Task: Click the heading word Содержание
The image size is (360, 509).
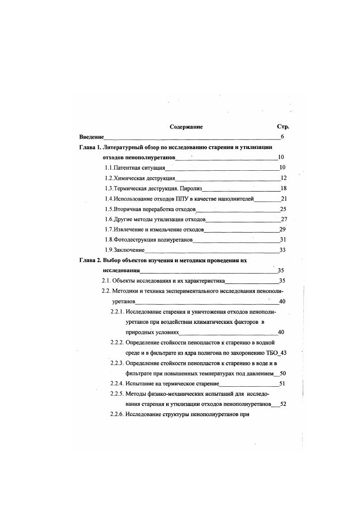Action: click(x=186, y=127)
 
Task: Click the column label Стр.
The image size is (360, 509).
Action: click(x=283, y=127)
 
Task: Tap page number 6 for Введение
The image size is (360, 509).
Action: click(x=282, y=137)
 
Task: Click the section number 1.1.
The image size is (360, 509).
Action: click(x=109, y=168)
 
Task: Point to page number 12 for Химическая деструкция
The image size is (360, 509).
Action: click(x=283, y=178)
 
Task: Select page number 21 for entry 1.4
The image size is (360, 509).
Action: click(x=284, y=198)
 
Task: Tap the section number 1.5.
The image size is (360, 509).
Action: click(x=109, y=209)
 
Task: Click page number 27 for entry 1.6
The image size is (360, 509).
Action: click(x=284, y=219)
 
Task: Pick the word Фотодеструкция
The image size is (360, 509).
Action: click(x=135, y=240)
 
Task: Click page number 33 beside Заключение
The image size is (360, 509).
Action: click(x=283, y=250)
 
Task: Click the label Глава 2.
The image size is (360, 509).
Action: click(x=89, y=260)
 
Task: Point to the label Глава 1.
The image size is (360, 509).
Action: click(x=89, y=147)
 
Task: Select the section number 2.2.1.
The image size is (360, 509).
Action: click(x=117, y=312)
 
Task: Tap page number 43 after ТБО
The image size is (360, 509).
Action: click(x=283, y=353)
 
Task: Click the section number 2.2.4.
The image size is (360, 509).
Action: click(x=117, y=384)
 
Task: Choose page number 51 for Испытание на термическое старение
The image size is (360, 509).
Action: click(x=282, y=384)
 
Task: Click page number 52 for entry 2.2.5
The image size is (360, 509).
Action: click(x=283, y=404)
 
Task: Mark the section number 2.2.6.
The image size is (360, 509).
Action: click(x=117, y=414)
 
